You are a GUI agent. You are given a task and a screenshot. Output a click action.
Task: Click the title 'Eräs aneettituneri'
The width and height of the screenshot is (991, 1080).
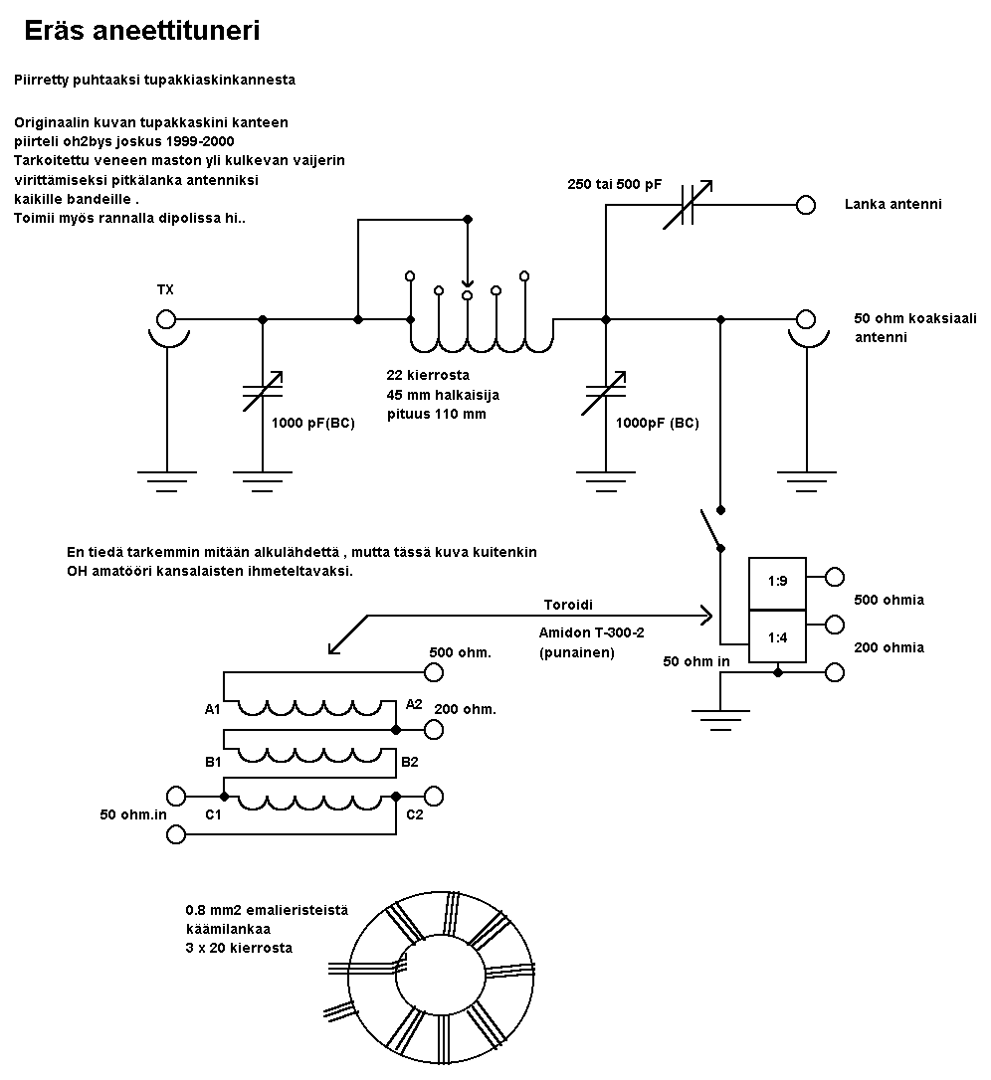[142, 32]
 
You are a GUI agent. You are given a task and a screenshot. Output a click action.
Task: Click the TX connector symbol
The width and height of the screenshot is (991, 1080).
[166, 320]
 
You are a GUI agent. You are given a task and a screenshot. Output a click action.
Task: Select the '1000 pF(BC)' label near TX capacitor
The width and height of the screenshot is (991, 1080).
[312, 422]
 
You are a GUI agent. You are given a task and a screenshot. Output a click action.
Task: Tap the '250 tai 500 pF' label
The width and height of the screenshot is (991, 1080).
[614, 185]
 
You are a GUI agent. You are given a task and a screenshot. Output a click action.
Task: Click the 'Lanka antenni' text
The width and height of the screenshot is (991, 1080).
[892, 204]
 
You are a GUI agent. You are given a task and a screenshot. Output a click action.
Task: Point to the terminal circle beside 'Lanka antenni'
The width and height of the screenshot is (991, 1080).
[806, 205]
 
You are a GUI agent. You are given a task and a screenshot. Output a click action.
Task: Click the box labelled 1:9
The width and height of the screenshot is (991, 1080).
[778, 581]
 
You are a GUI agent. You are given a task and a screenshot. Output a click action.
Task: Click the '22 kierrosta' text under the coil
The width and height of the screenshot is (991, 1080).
[428, 376]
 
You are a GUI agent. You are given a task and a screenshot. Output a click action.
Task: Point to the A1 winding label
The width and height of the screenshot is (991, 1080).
[212, 709]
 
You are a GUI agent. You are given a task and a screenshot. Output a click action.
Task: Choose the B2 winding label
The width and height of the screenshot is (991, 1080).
[409, 763]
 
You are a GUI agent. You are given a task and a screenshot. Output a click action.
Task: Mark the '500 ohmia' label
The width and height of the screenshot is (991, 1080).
[889, 600]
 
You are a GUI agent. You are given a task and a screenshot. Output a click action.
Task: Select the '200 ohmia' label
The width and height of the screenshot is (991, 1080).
[889, 647]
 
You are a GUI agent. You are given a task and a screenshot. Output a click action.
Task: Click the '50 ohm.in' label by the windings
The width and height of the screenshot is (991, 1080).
[133, 815]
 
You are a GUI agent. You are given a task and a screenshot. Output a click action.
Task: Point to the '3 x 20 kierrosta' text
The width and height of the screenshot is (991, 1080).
[239, 948]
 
